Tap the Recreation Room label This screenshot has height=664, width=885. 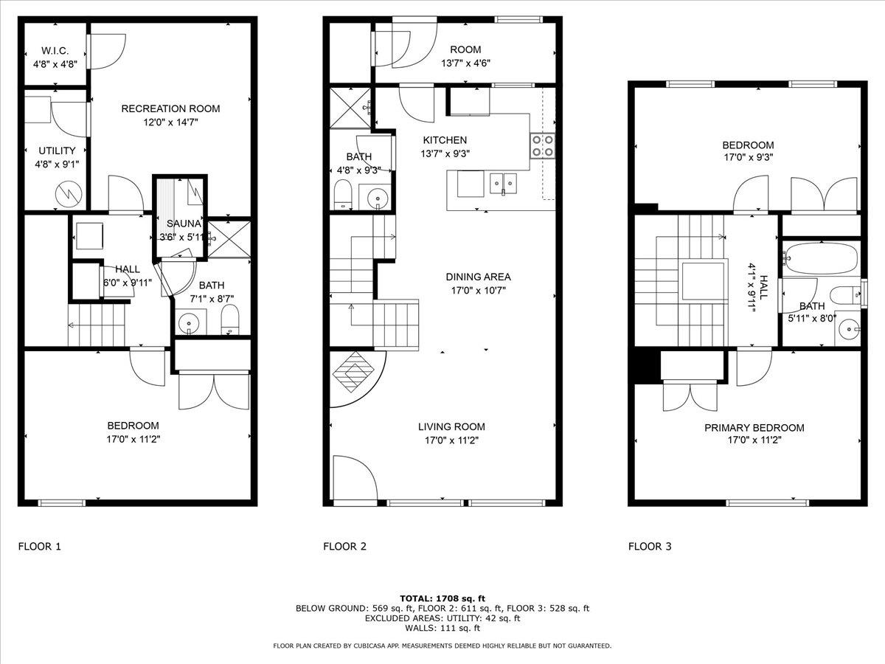(170, 108)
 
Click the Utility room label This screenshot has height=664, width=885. (57, 151)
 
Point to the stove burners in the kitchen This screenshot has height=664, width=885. (543, 145)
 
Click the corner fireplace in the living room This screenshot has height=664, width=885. (353, 373)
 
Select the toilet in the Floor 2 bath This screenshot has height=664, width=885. (343, 196)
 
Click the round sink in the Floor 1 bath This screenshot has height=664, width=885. (189, 322)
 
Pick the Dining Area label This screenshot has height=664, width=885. (478, 277)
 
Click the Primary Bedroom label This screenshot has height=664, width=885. (754, 428)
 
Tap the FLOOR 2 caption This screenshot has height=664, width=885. (344, 547)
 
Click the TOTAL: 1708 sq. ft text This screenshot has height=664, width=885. (442, 598)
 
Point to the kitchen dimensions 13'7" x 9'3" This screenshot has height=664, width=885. (445, 153)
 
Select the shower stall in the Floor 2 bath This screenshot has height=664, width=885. (350, 108)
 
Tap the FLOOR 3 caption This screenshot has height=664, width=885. (650, 547)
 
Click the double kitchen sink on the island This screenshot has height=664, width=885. (505, 182)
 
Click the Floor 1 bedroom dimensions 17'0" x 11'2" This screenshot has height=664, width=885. (133, 439)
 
